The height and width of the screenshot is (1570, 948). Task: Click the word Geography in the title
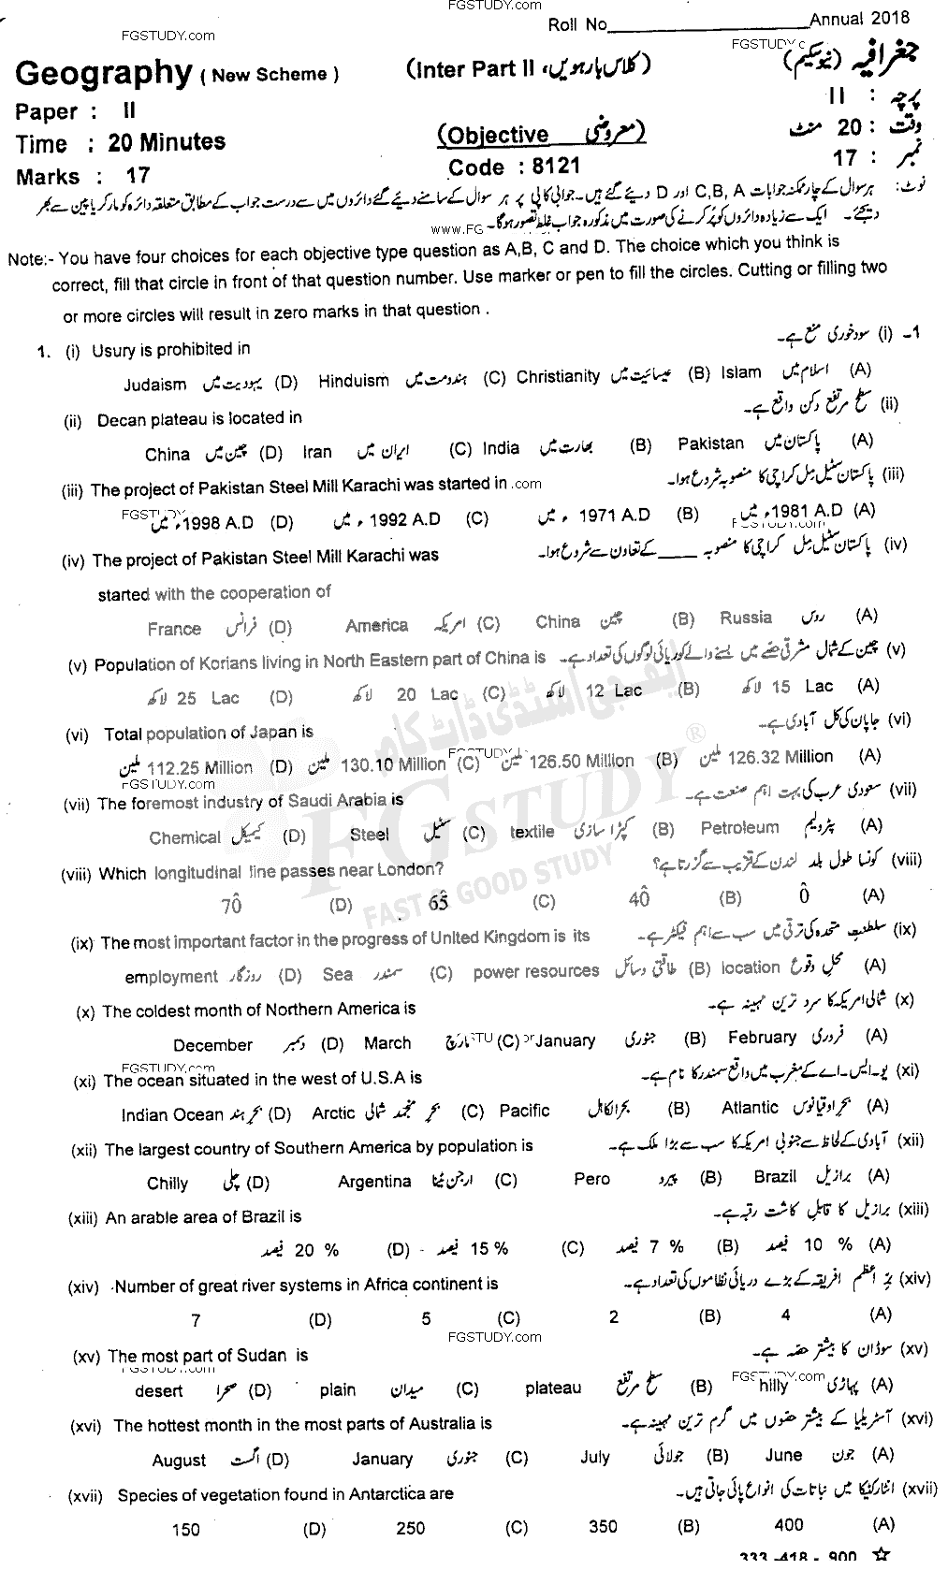click(x=103, y=72)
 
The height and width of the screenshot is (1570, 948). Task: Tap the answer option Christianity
click(x=557, y=376)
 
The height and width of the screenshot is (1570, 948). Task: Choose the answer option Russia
click(x=745, y=618)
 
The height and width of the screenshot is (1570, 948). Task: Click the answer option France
click(x=174, y=629)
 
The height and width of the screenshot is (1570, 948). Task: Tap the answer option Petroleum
click(x=738, y=828)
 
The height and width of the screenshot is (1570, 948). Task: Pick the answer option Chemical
click(x=184, y=837)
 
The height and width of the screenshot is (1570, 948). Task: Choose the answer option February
click(x=762, y=1037)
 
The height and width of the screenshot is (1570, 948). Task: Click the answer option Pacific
click(x=524, y=1111)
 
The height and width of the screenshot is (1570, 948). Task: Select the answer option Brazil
click(x=775, y=1176)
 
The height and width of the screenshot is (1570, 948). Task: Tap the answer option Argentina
click(x=374, y=1182)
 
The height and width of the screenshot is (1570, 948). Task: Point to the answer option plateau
click(x=553, y=1388)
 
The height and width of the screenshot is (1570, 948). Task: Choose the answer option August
click(x=179, y=1460)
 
